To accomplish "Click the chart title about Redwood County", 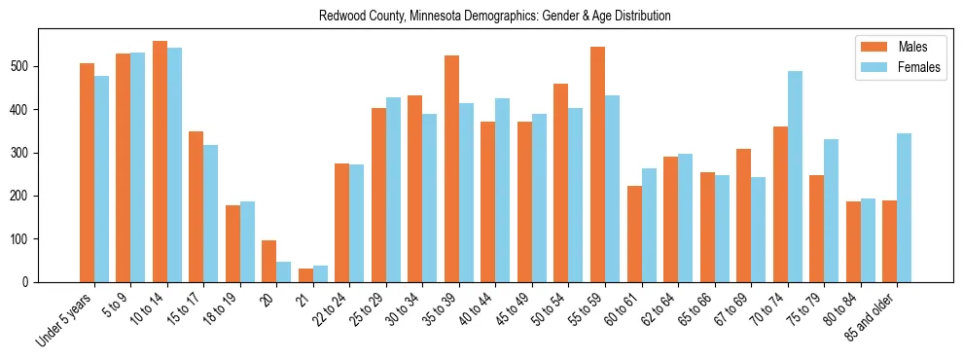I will (494, 17).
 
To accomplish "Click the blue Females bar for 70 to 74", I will (795, 176).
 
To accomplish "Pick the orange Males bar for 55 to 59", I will (597, 164).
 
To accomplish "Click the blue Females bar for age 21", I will (320, 273).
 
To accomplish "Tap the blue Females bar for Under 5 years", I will (101, 179).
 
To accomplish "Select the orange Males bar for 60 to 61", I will (634, 234).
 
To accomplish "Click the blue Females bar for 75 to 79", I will (831, 210).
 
